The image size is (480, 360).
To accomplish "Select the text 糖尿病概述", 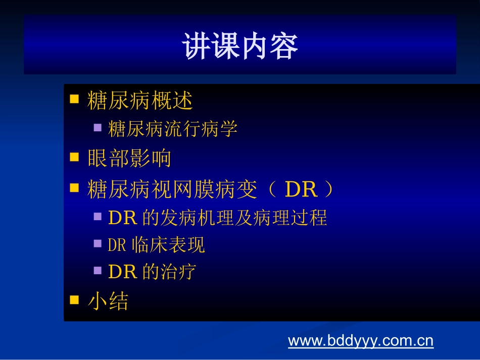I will point(140,101).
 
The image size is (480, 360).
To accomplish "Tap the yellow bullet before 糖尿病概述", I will point(74,99).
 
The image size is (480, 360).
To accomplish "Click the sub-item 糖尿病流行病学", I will point(173,129).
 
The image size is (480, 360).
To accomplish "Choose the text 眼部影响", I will point(129,159).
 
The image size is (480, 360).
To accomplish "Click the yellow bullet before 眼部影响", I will point(74,157).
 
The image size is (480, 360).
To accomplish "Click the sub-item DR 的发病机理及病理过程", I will point(217,218).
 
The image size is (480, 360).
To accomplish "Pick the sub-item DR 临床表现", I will point(157,245).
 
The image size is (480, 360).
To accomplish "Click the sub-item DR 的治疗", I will point(152,272).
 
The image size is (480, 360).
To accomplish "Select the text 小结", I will point(108,301).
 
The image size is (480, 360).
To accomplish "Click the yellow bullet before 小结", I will point(74,300).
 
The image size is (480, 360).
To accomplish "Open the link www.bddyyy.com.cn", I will point(361,341).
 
